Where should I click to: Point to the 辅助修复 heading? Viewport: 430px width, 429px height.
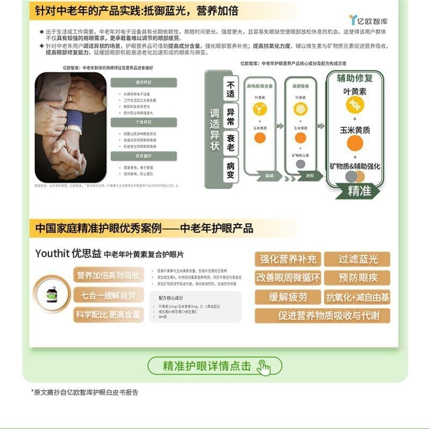point(355,78)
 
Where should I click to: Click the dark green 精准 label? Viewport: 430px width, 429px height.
point(359,190)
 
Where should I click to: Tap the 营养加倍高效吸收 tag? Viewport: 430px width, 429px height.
point(108,275)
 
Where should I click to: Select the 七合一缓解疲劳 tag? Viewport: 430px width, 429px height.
point(108,295)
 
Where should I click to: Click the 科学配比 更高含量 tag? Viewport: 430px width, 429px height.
point(108,314)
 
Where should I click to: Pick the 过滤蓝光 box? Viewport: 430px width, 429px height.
point(357,259)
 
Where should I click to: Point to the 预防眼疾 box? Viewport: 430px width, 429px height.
point(357,278)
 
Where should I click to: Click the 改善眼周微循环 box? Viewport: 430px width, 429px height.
point(288,278)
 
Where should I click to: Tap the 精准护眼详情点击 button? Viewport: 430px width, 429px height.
point(215,366)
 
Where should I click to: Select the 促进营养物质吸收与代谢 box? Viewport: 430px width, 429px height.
point(322,316)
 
